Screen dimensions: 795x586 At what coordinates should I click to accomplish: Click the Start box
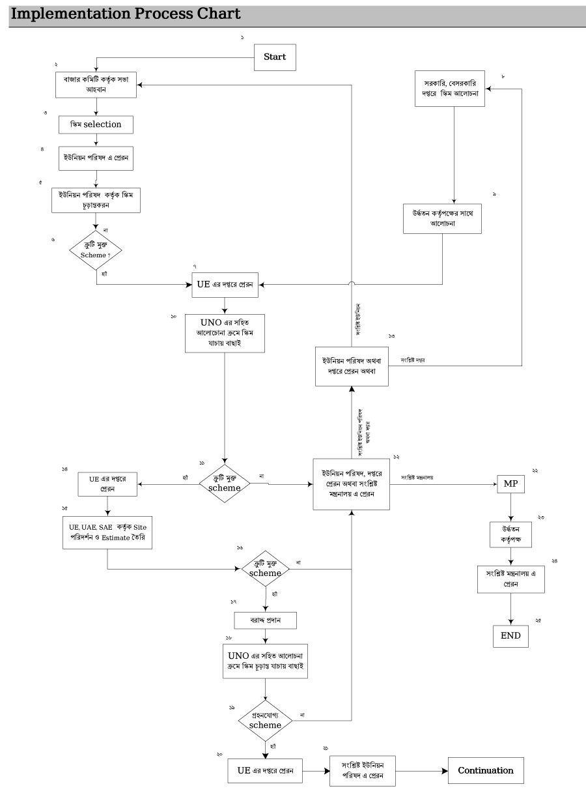coord(274,57)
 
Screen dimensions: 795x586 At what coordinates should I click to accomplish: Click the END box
coord(510,635)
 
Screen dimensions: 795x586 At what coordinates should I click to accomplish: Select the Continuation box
coord(485,770)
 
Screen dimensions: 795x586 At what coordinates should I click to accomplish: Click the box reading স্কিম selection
coord(96,124)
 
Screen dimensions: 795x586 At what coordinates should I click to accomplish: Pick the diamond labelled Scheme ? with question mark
coord(96,250)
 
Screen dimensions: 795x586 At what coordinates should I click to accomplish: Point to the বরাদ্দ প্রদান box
coord(264,620)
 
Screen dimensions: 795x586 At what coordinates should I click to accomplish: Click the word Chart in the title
coord(218,13)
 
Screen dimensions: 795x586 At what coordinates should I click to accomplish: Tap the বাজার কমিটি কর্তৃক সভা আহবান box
coord(96,84)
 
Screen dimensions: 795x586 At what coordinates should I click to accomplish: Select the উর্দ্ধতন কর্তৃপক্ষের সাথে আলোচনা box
coord(443,218)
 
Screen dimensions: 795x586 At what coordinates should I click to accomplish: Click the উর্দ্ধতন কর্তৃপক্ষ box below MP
coord(510,534)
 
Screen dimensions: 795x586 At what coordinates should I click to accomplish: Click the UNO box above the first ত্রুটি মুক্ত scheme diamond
coord(224,334)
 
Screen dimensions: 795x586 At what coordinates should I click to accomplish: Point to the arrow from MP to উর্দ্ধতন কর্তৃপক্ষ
coord(510,509)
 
